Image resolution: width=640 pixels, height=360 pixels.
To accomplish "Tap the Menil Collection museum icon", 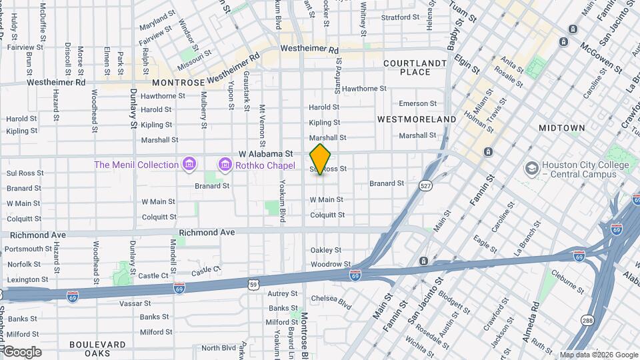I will click(x=189, y=164).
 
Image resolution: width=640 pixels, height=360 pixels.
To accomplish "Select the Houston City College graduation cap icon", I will click(x=531, y=166).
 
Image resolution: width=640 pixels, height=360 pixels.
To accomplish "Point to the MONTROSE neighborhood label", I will click(x=178, y=83).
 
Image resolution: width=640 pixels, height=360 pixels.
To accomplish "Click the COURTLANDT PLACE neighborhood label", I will click(x=415, y=67).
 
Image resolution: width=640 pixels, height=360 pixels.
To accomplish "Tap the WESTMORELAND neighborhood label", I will click(x=417, y=119).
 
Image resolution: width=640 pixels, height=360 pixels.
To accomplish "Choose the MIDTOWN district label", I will click(x=561, y=127).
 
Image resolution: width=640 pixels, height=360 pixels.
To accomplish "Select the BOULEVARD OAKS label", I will click(x=98, y=349).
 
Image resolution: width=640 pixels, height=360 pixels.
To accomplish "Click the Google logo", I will click(x=21, y=351).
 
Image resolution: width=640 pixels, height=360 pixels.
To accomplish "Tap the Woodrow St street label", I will click(x=326, y=264).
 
